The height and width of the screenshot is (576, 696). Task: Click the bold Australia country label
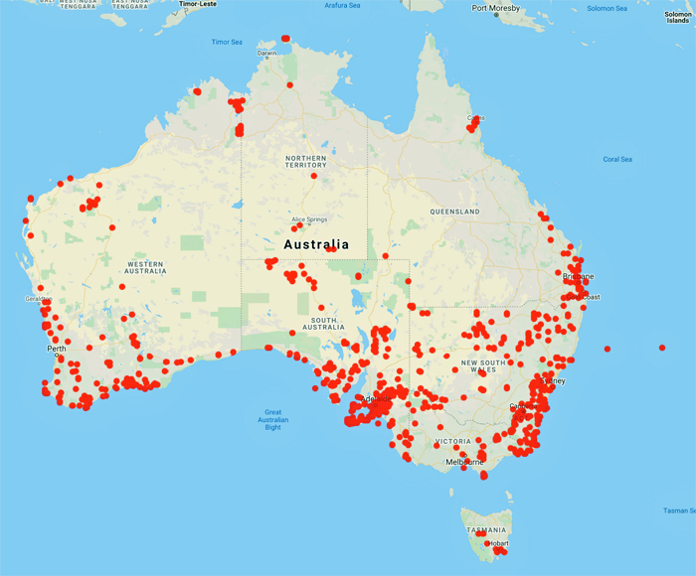[x=316, y=244]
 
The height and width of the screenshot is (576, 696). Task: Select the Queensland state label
[x=454, y=212]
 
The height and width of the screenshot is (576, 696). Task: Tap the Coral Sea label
[x=617, y=159]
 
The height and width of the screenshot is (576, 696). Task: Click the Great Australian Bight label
[x=272, y=421]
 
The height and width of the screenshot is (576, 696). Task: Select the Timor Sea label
[x=227, y=42]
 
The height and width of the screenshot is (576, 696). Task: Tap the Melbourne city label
[x=464, y=462]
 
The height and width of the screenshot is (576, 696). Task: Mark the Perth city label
[x=56, y=349]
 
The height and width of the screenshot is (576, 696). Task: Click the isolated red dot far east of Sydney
[x=662, y=347]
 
